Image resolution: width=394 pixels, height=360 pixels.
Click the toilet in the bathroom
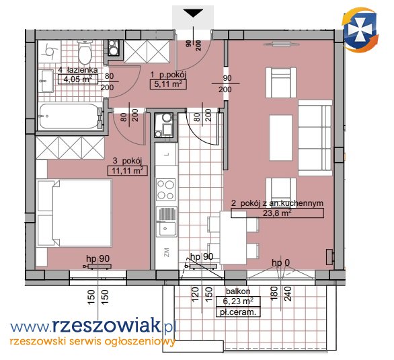click(x=84, y=52)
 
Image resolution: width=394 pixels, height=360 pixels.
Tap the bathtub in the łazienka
click(x=69, y=116)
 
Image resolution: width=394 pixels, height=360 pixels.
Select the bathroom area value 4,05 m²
click(x=77, y=79)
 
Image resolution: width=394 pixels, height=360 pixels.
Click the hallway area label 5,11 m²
click(x=168, y=84)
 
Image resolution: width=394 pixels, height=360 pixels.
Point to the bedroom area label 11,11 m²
click(x=127, y=171)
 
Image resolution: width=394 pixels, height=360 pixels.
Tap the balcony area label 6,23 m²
click(x=238, y=301)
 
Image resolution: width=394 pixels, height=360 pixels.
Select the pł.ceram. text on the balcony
click(x=238, y=312)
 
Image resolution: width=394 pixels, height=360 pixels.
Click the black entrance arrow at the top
click(x=193, y=13)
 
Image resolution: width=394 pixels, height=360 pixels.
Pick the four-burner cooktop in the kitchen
click(x=165, y=190)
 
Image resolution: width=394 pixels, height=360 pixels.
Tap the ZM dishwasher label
click(x=166, y=252)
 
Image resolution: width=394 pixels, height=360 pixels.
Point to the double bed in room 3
click(x=74, y=213)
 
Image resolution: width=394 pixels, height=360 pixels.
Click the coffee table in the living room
click(x=281, y=138)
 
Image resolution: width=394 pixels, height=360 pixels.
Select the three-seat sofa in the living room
click(x=315, y=138)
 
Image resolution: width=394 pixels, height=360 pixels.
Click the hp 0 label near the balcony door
click(x=280, y=263)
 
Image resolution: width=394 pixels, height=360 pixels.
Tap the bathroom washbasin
click(x=46, y=81)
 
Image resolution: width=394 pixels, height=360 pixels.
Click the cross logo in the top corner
click(x=360, y=30)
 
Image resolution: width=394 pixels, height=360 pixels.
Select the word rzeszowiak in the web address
click(x=106, y=326)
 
